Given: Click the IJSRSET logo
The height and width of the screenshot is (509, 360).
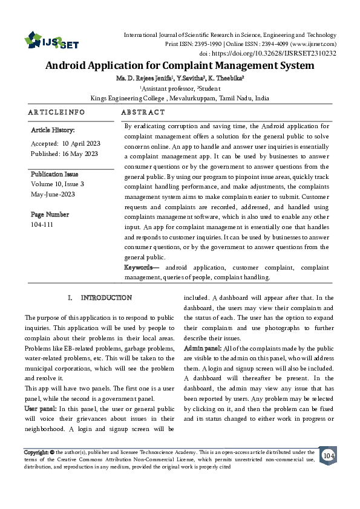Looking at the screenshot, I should tap(51, 41).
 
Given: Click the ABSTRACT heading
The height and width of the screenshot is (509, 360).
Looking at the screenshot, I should tap(143, 112).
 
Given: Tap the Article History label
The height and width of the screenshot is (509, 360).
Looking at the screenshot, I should tap(53, 130).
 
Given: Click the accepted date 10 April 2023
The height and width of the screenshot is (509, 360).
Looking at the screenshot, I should tap(80, 143).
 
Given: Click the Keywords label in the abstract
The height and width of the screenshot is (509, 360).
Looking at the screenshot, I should tap(142, 267).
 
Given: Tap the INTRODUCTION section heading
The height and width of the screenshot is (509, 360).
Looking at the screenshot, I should tap(106, 298).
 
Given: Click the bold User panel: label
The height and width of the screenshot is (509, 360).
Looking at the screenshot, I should tap(41, 409).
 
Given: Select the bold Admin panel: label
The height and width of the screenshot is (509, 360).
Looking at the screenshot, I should tap(202, 349).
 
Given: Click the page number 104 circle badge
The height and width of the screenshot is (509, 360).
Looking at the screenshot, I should tap(329, 455).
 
